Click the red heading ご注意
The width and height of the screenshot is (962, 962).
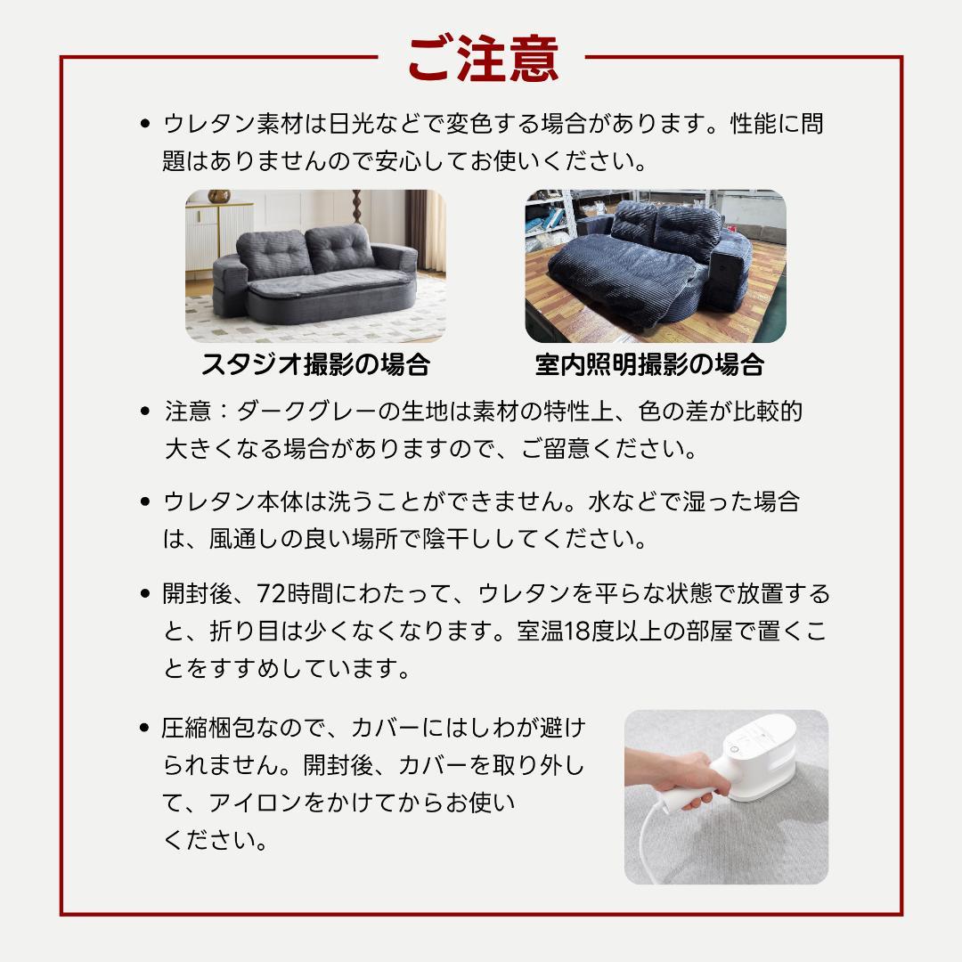point(482,60)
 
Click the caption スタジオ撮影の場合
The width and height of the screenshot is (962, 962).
point(315,364)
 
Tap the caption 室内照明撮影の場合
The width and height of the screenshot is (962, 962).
point(650,364)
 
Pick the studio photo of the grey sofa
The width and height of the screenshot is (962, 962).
point(315,266)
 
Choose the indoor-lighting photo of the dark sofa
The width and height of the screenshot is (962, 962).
point(656,266)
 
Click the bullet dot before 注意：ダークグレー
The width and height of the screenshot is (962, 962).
point(145,412)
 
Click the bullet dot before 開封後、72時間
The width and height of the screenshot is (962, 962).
point(145,594)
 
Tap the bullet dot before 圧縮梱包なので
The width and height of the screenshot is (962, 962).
point(145,729)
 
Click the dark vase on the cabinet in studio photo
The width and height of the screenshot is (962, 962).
point(218,196)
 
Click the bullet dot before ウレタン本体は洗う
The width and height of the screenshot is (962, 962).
point(145,501)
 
